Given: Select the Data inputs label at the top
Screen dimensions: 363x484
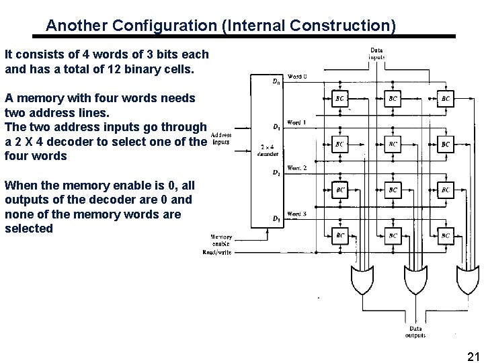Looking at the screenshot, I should click(378, 53).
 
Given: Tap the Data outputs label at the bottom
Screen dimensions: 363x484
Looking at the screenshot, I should click(415, 331).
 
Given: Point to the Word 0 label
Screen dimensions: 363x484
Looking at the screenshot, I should click(296, 76).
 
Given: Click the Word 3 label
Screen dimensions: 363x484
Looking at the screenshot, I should click(296, 214).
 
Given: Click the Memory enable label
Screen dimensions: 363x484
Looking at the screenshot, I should click(221, 241).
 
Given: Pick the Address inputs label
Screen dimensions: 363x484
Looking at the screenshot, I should click(221, 138).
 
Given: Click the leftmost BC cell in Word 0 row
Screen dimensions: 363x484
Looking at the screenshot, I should click(340, 98).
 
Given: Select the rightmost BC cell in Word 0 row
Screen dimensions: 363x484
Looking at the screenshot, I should click(446, 98).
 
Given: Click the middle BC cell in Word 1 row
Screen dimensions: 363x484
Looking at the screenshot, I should click(393, 144).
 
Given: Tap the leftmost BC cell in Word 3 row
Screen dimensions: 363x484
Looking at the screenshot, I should click(340, 236).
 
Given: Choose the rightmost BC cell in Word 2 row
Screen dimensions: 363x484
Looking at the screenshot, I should click(446, 190).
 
